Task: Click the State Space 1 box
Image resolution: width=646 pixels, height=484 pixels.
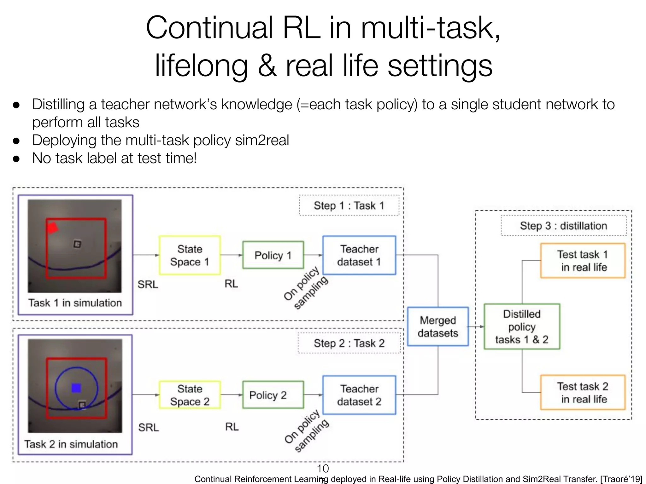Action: [x=190, y=255]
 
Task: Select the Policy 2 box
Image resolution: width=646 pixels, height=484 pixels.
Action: [x=273, y=395]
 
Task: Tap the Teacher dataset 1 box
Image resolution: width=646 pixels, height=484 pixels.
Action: [x=359, y=255]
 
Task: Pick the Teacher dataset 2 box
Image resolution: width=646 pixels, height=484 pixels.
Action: [x=359, y=395]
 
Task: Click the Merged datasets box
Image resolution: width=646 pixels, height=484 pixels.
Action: [x=438, y=326]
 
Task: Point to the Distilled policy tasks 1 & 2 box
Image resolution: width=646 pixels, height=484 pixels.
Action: [x=522, y=326]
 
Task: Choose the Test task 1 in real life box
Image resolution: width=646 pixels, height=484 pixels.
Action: [x=583, y=261]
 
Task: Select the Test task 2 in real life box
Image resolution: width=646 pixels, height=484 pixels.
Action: [x=583, y=392]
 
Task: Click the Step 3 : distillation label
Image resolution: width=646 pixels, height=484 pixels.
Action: [x=563, y=226]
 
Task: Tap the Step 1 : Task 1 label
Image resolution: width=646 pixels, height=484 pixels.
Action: [x=349, y=205]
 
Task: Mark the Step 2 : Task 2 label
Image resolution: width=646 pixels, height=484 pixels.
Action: [x=349, y=343]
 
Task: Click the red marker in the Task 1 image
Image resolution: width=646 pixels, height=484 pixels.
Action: [x=52, y=228]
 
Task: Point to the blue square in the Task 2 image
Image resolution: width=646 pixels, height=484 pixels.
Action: [x=76, y=388]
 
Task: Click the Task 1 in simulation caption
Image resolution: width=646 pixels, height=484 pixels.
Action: [x=75, y=303]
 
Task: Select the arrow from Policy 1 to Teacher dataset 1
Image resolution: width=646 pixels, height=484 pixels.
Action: [x=313, y=255]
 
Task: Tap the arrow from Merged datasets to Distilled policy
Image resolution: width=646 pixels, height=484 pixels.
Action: [x=476, y=326]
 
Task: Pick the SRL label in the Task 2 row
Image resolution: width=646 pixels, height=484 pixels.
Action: [x=148, y=428]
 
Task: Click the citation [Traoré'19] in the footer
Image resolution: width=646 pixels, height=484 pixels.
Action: [x=621, y=479]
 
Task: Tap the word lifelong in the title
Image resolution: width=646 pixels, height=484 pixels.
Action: [x=201, y=66]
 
